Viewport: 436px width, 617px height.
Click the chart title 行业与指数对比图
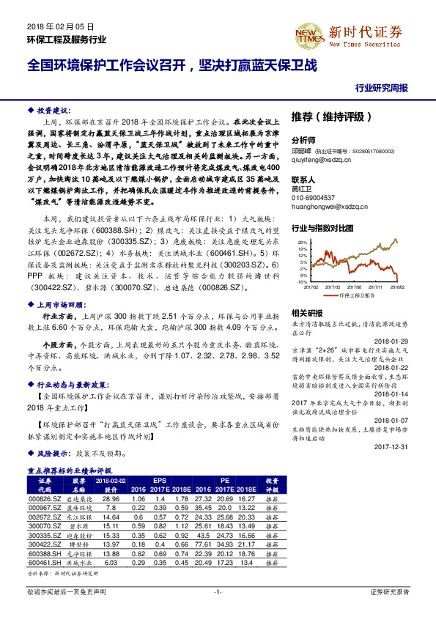pos(323,228)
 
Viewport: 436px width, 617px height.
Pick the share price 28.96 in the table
pos(111,498)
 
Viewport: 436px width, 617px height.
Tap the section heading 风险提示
pos(54,454)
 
